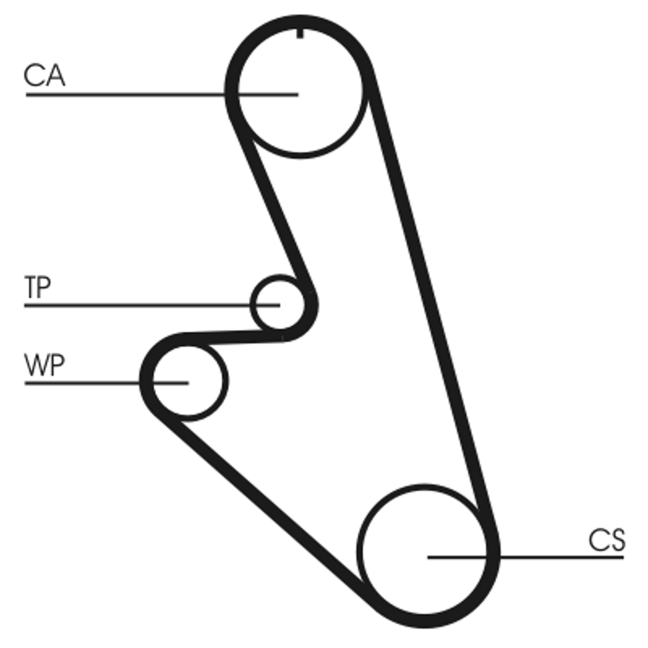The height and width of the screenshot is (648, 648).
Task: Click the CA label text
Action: point(44,76)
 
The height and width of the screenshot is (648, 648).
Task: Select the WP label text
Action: point(44,366)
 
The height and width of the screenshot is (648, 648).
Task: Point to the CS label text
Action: point(607,540)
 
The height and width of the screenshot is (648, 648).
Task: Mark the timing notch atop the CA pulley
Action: point(301,33)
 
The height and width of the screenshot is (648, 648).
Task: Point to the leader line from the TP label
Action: point(138,305)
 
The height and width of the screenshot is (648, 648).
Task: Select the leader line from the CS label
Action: point(551,557)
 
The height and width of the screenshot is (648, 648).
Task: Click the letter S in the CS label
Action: point(616,540)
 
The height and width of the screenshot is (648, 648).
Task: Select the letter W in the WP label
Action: point(36,366)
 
